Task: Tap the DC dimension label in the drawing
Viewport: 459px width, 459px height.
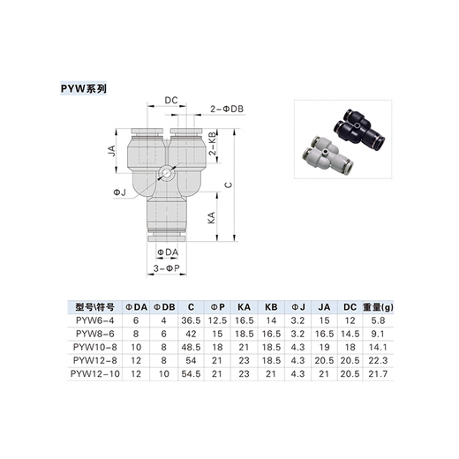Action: coord(171,101)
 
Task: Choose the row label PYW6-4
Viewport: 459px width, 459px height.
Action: coord(95,321)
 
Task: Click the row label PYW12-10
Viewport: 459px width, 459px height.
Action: coord(95,374)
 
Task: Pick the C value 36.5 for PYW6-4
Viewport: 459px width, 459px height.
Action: coord(191,321)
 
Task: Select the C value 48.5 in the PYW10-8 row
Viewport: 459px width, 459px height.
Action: coord(191,348)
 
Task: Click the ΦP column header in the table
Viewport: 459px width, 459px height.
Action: coord(215,307)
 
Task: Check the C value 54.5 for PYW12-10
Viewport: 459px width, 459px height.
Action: coord(191,374)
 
